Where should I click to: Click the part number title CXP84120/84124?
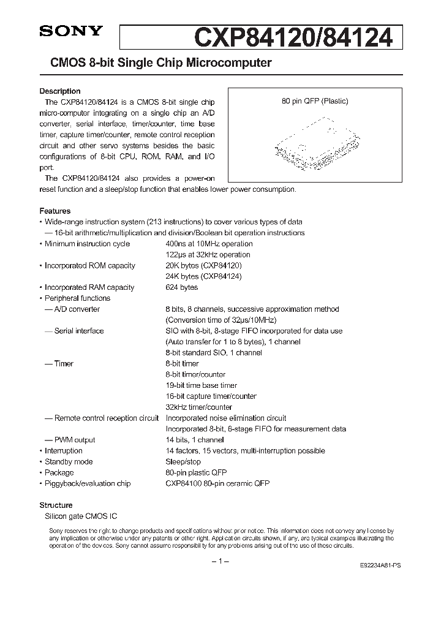[x=293, y=37]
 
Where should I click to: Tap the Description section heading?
[x=60, y=91]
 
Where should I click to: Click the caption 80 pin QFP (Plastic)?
[x=315, y=102]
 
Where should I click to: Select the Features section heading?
[x=55, y=211]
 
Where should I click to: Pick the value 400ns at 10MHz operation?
[x=208, y=244]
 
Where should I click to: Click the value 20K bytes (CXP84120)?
[x=203, y=265]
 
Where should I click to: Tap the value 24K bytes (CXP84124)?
[x=203, y=276]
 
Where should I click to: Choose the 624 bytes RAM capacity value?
[x=181, y=287]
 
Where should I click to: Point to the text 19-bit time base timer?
[x=201, y=385]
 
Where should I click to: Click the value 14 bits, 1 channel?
[x=194, y=440]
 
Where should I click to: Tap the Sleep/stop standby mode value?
[x=183, y=461]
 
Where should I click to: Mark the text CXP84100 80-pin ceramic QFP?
[x=217, y=483]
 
